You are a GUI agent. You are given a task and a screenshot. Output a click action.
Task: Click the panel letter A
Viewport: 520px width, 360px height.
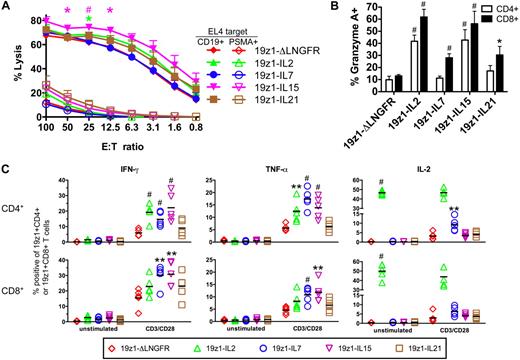[x=7, y=8]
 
